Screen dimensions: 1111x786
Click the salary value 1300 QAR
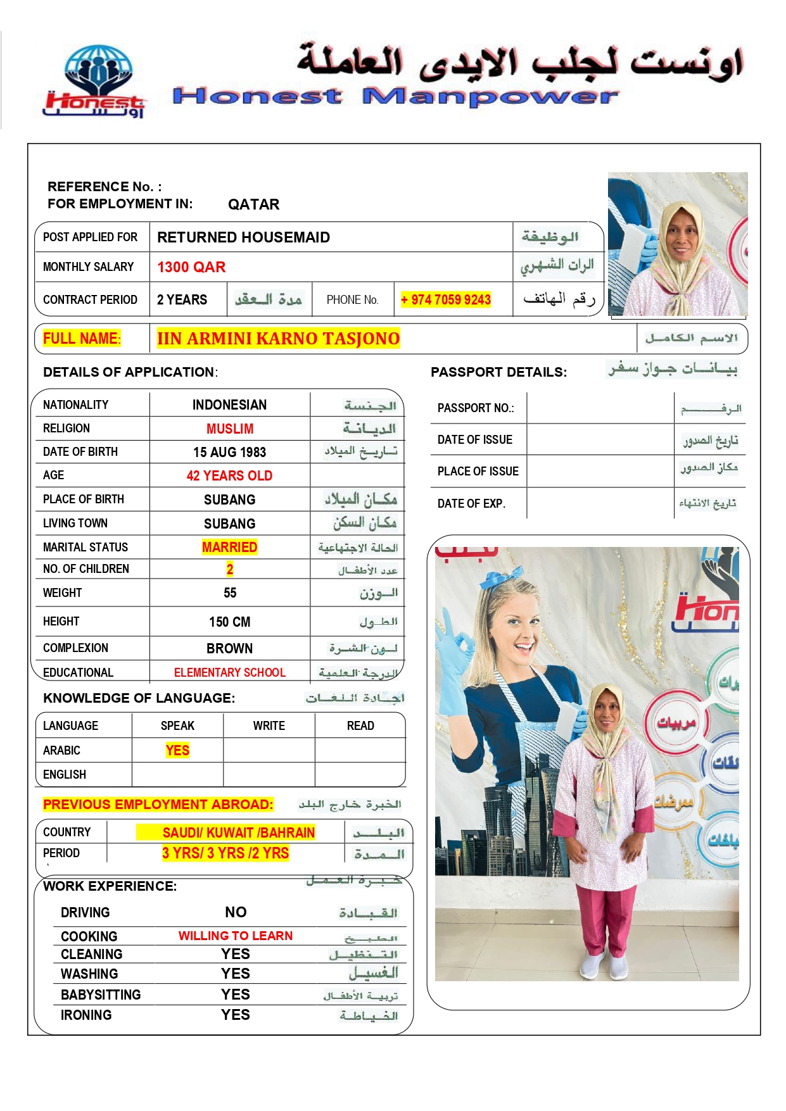click(191, 267)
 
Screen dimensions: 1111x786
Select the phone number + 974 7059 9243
click(446, 299)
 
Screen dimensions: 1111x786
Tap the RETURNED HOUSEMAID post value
click(243, 237)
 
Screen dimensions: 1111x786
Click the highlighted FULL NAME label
click(81, 339)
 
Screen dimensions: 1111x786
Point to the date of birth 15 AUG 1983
click(229, 452)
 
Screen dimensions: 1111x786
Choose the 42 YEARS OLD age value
click(229, 475)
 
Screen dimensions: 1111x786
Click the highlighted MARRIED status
click(229, 547)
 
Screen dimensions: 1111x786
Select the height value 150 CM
click(229, 622)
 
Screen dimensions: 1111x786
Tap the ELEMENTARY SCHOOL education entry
click(229, 672)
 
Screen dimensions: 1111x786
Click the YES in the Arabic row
click(177, 750)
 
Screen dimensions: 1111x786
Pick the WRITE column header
click(269, 725)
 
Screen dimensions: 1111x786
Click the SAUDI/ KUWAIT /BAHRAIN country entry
click(238, 832)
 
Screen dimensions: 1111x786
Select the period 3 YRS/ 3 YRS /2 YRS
click(225, 853)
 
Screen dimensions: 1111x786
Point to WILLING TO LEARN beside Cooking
click(235, 936)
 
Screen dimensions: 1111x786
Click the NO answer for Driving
click(236, 912)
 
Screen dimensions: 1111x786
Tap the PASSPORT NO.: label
click(475, 408)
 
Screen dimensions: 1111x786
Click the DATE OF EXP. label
click(471, 504)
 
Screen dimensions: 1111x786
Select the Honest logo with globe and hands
click(97, 81)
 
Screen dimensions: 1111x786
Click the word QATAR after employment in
click(253, 204)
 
